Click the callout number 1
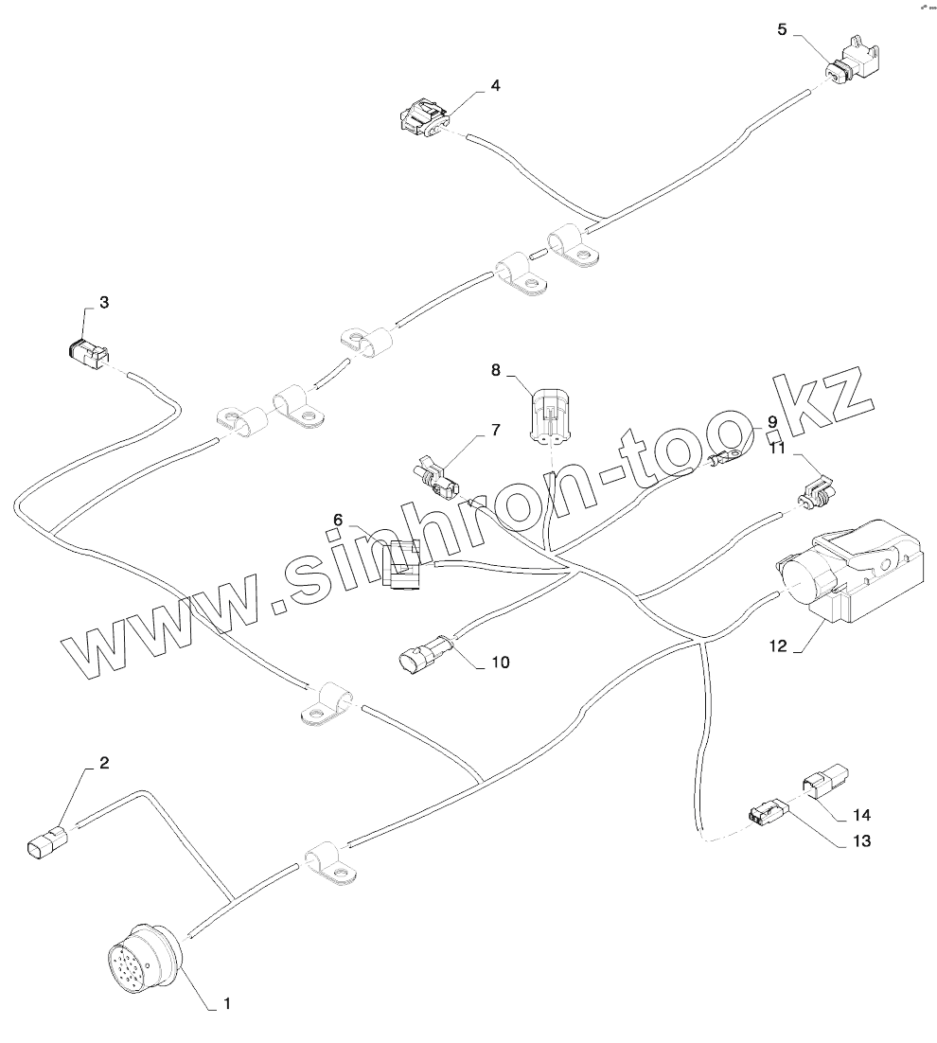coord(225,1001)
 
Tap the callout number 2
coord(105,762)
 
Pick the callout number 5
coord(782,29)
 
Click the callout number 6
coord(337,519)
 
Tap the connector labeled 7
coord(436,477)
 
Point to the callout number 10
coord(500,663)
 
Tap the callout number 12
coord(778,646)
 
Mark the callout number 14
coord(860,814)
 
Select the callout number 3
coord(104,303)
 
